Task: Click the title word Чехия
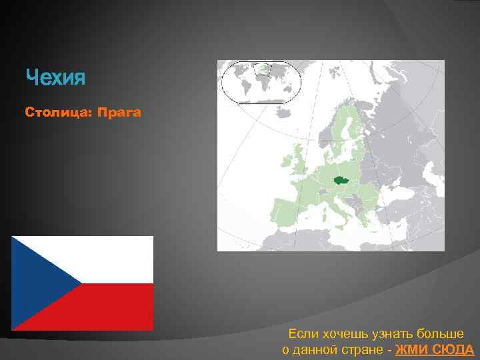click(56, 79)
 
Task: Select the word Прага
click(119, 113)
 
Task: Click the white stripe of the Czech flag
click(117, 259)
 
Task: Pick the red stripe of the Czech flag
click(117, 307)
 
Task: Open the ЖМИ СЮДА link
click(434, 349)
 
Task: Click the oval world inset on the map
click(261, 81)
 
